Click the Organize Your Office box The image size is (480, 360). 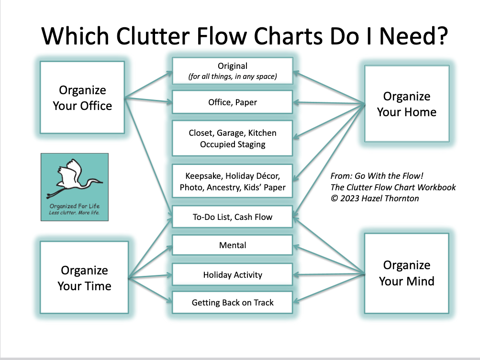tap(82, 98)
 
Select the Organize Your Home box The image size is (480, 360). tap(406, 104)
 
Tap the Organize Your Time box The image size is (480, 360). tap(84, 278)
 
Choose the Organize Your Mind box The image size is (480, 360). tap(406, 273)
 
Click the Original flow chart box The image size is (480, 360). tap(232, 71)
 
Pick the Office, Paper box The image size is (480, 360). tap(232, 102)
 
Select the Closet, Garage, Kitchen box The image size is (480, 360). tap(232, 138)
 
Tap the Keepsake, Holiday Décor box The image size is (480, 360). tap(232, 181)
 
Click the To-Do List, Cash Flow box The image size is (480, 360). tap(232, 217)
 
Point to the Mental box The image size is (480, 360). tap(232, 245)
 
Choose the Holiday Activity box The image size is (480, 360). tap(232, 275)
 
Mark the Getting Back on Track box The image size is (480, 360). tap(232, 303)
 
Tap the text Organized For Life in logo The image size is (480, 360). tap(74, 206)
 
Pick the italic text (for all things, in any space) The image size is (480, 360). tap(233, 76)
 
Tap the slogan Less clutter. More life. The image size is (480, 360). tap(74, 213)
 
